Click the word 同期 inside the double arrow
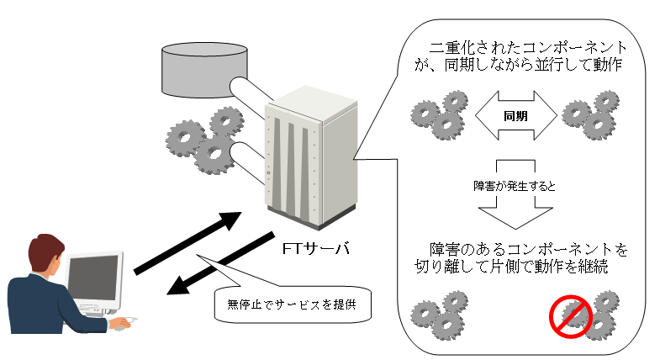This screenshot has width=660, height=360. (x=515, y=117)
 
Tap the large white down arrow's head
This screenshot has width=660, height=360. (x=515, y=217)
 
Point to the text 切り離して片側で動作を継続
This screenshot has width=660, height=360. (x=513, y=269)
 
